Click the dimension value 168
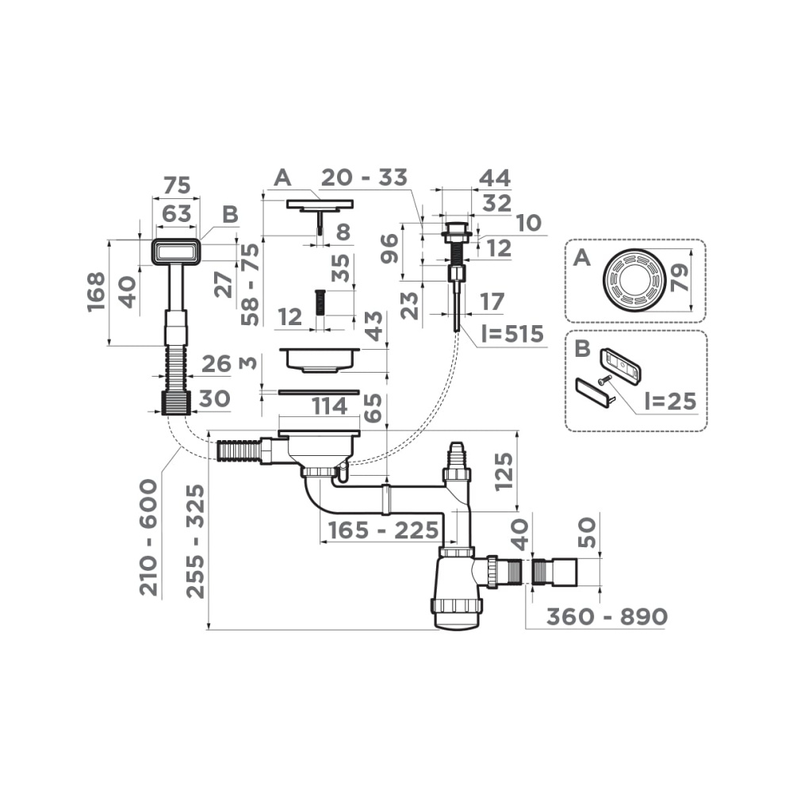[96, 292]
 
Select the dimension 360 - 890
[596, 616]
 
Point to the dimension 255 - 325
[195, 542]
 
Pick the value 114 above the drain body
[328, 406]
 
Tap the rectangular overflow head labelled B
[174, 252]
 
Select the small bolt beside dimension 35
[320, 302]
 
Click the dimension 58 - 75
[251, 284]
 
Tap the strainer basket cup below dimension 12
[319, 358]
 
